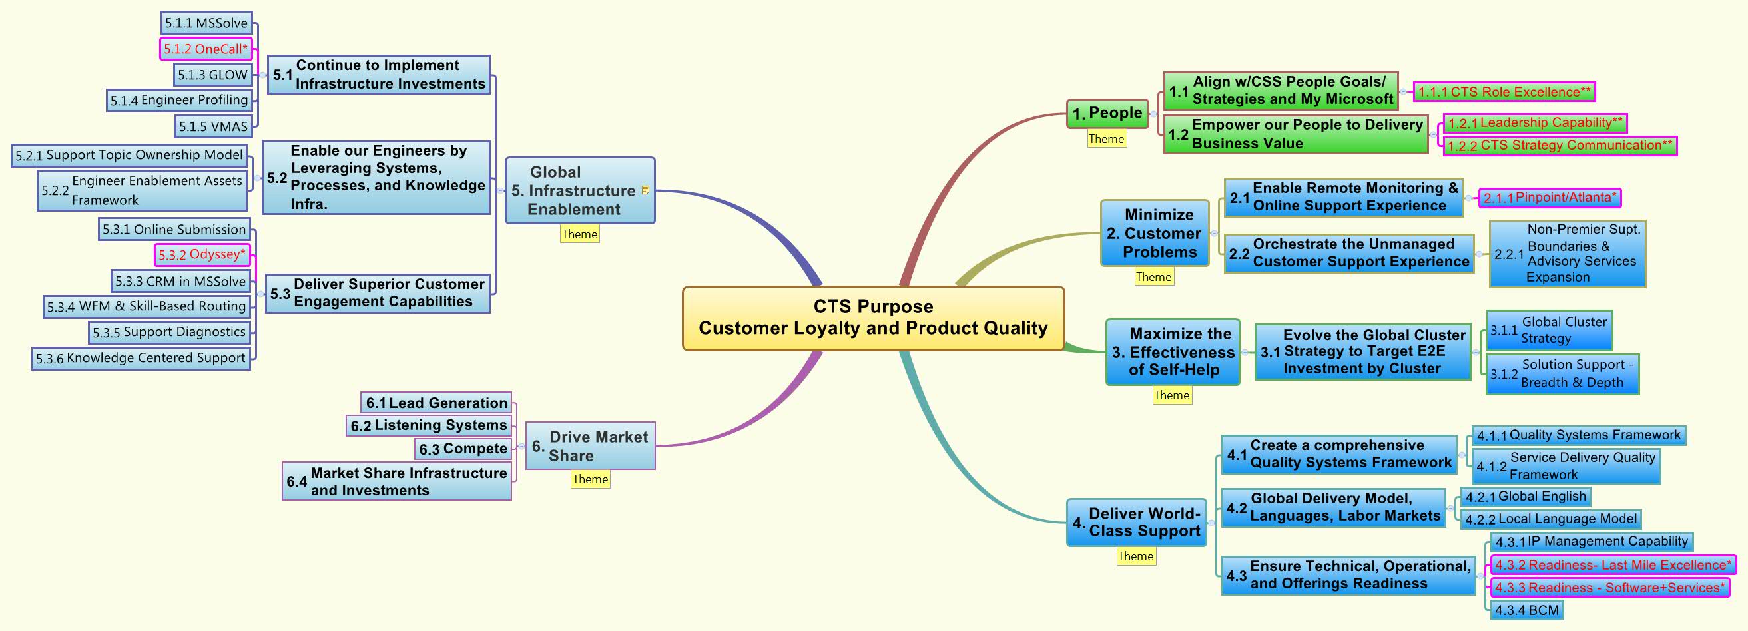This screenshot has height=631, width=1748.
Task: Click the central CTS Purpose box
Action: click(x=872, y=318)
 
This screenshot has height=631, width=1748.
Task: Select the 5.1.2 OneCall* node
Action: click(x=206, y=49)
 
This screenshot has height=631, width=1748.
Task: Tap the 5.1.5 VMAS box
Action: click(x=213, y=126)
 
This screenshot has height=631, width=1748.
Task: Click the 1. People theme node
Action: click(x=1107, y=113)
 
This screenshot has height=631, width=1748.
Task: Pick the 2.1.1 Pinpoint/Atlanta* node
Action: click(x=1549, y=198)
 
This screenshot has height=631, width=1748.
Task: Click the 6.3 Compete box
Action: click(x=463, y=449)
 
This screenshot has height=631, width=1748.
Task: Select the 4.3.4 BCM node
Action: click(x=1527, y=610)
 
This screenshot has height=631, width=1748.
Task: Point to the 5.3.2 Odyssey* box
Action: click(x=202, y=254)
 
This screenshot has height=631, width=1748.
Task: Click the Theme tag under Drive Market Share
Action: click(x=590, y=479)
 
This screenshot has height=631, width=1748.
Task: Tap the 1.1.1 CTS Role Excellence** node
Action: click(x=1504, y=92)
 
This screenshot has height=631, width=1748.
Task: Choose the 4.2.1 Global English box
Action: click(x=1526, y=496)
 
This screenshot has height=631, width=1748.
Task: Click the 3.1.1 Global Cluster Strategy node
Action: click(x=1548, y=330)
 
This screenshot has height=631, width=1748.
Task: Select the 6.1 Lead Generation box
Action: click(x=436, y=402)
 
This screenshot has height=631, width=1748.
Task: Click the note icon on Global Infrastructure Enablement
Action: click(x=645, y=190)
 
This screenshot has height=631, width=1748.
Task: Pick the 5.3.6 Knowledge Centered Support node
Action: click(x=141, y=358)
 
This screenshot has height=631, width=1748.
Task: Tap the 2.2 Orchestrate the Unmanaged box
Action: click(x=1348, y=253)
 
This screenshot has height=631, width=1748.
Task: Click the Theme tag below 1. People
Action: click(x=1106, y=139)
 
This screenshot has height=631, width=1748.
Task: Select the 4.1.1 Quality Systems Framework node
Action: click(x=1578, y=435)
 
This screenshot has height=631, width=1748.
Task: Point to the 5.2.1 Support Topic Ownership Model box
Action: click(x=129, y=154)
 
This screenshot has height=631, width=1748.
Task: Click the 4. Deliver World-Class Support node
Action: click(x=1137, y=522)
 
